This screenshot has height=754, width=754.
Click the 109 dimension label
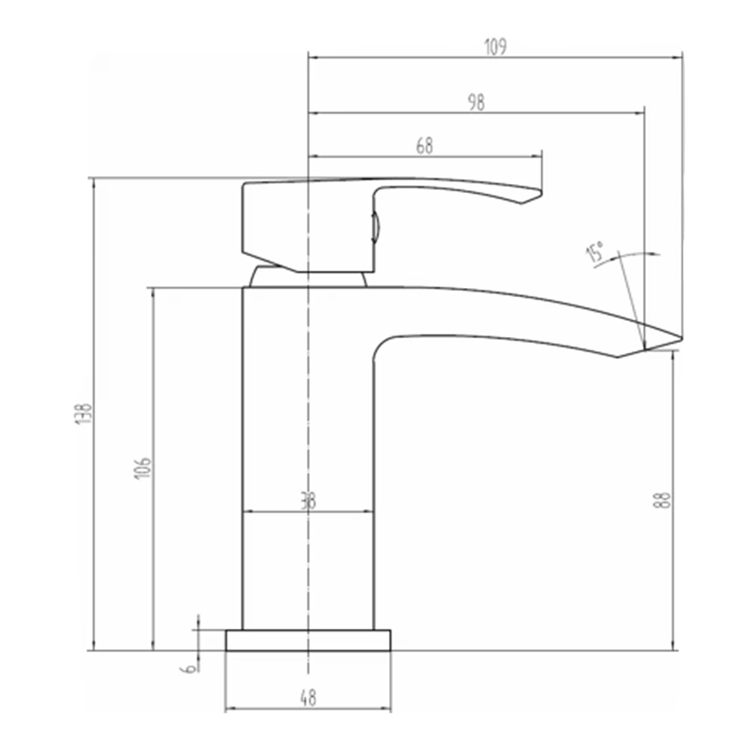[495, 46]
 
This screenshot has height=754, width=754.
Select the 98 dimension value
[476, 103]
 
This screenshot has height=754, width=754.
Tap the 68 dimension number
[425, 146]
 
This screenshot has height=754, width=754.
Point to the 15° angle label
[596, 253]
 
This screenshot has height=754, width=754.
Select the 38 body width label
[308, 501]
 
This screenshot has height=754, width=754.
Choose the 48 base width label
[308, 698]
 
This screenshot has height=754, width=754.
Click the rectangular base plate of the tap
[308, 640]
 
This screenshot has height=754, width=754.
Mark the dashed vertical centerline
[308, 422]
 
